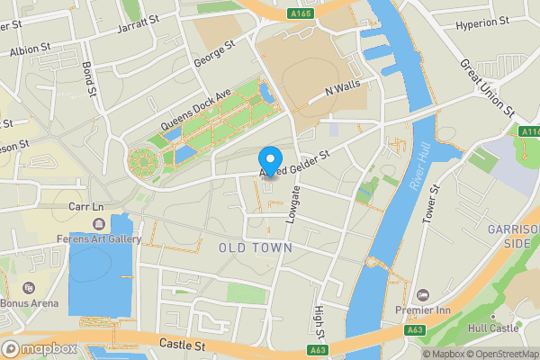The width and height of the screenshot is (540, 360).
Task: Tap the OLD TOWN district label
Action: click(256, 247)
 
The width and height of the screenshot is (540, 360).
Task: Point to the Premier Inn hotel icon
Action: click(424, 295)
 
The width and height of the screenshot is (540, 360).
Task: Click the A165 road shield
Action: click(302, 13)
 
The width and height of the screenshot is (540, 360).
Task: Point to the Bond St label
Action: click(89, 79)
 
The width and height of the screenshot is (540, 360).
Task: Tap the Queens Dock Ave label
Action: click(196, 112)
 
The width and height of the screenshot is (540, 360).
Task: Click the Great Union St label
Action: click(487, 88)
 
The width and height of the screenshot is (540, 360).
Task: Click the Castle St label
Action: click(183, 344)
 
